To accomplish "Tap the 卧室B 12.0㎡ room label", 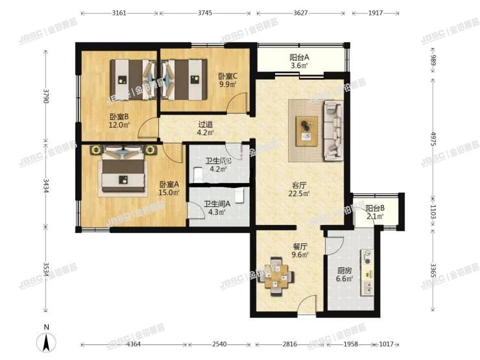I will coord(119,121).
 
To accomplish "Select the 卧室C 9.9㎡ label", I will coord(228,80).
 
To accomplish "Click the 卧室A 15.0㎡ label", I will coord(170,188).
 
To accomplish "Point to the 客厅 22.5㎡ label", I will coord(299,188).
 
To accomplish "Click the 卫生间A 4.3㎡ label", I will coord(216,208).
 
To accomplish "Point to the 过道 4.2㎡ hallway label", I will coord(205,128).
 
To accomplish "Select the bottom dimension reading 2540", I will coord(221,344).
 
